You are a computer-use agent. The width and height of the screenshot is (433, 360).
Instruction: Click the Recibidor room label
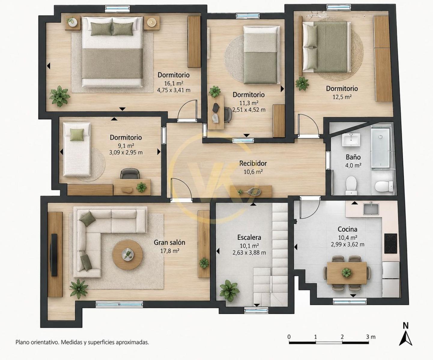click(x=253, y=163)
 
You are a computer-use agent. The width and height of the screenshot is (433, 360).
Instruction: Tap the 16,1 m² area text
click(x=174, y=83)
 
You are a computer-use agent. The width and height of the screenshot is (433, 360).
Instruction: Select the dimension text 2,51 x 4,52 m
click(x=249, y=109)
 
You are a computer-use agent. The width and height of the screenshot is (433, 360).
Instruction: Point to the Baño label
click(x=353, y=157)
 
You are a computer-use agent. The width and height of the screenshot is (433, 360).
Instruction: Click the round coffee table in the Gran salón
click(x=127, y=255)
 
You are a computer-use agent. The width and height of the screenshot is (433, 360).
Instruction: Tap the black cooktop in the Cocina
click(x=390, y=244)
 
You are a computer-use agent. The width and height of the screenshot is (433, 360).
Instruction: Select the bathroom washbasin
click(x=351, y=140)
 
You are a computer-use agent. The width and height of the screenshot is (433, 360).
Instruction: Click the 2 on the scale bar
click(x=342, y=337)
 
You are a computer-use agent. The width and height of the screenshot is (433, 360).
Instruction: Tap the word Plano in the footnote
click(x=23, y=342)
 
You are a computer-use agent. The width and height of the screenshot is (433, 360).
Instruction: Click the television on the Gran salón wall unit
click(x=54, y=255)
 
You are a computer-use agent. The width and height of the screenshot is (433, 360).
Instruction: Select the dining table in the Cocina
click(x=347, y=273)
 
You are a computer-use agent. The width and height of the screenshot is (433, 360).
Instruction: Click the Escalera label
click(x=249, y=237)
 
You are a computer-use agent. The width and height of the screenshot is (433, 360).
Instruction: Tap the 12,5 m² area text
click(x=342, y=97)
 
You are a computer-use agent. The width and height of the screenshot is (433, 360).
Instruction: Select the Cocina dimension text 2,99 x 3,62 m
click(x=347, y=244)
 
